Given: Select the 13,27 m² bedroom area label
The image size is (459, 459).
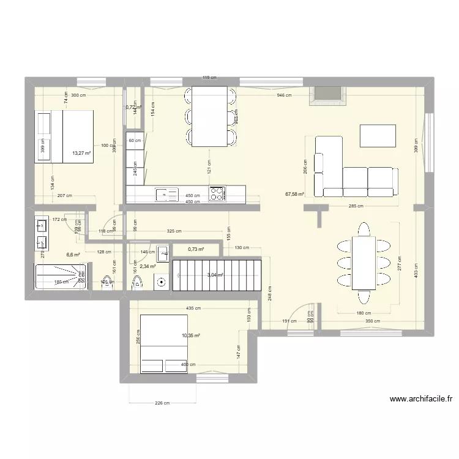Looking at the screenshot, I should pos(81,154).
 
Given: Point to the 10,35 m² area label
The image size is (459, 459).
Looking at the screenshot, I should pos(191,335).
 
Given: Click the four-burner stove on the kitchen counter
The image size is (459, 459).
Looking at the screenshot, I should pos(217,194).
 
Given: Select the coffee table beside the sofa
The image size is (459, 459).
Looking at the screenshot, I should pos(378,136).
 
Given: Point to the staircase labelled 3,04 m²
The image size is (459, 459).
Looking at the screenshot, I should pos(217,275).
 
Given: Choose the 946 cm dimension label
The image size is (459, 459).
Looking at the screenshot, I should pos(284,95).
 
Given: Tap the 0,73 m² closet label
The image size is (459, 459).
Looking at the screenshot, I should pos(196,249).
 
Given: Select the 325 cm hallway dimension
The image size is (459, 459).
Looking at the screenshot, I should pos(174,231).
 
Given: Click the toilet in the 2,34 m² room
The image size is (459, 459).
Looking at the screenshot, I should pos(137,282).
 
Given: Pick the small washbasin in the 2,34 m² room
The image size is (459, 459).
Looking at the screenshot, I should pos(163,252).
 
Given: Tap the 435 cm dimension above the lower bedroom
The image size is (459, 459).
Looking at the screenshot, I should pos(193,308).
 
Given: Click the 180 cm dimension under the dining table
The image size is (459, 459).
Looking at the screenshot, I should pos(364,313).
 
